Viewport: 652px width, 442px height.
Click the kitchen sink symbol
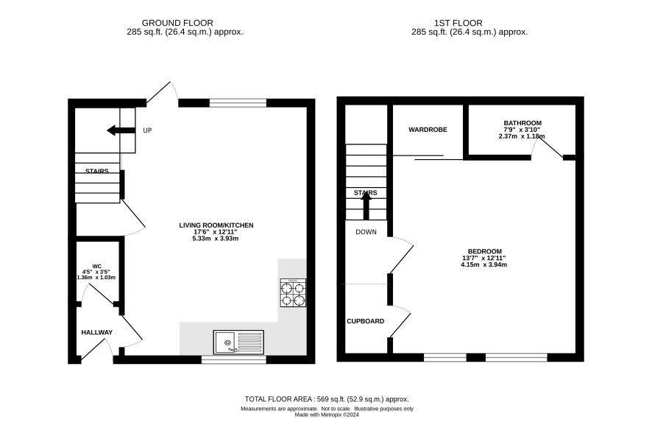(238, 342)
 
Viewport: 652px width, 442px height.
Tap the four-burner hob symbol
(293, 293)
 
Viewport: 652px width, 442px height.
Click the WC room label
(97, 267)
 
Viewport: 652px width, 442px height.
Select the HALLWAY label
(97, 332)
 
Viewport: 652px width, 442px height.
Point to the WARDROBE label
(428, 130)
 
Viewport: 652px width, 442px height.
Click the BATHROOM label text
(522, 123)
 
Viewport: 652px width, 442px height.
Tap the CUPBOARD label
(366, 321)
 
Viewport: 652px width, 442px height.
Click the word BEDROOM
(485, 251)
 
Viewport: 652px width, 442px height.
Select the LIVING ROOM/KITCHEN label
(216, 225)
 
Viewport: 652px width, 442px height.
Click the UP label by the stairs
(147, 130)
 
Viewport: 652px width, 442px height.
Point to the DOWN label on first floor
(366, 232)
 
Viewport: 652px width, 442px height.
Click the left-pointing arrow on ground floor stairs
(121, 130)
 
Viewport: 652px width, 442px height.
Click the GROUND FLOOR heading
(177, 23)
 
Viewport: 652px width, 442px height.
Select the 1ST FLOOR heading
(458, 23)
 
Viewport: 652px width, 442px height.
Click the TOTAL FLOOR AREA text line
(327, 399)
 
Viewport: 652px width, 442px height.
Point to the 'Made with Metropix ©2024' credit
(327, 415)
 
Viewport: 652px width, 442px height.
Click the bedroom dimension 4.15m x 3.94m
(484, 264)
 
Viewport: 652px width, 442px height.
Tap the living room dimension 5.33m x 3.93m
(216, 239)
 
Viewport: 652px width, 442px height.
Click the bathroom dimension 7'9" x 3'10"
(522, 130)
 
